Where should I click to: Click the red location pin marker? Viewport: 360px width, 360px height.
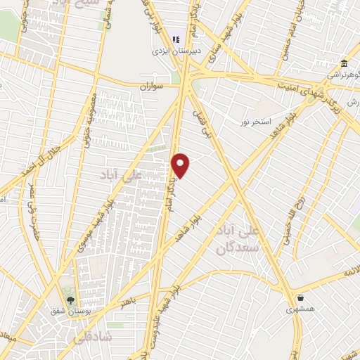(x=181, y=165)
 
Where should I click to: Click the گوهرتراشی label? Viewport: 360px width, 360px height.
(x=343, y=75)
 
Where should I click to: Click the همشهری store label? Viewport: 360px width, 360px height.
(x=302, y=309)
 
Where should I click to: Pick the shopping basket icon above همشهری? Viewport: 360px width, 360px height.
(x=301, y=297)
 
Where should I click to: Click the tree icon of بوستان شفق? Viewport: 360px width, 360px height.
(x=69, y=297)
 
